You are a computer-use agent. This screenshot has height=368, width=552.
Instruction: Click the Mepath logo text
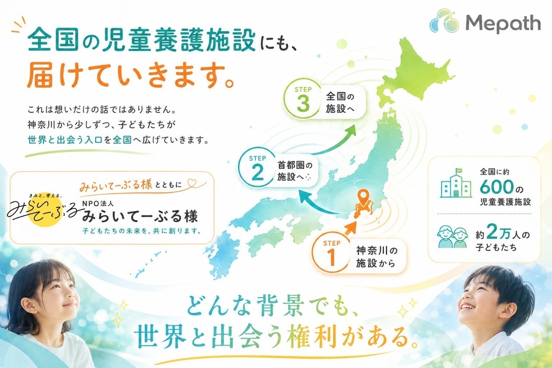(503, 24)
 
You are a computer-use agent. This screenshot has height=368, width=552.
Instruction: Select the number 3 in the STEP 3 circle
(303, 104)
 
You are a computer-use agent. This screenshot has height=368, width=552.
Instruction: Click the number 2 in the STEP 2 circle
(258, 173)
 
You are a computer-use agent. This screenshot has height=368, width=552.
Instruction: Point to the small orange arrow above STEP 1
(350, 228)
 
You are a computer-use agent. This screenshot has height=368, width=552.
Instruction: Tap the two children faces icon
(453, 236)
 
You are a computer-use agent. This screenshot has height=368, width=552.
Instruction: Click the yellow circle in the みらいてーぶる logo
(44, 210)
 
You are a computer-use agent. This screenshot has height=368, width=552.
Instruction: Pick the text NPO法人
(98, 203)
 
